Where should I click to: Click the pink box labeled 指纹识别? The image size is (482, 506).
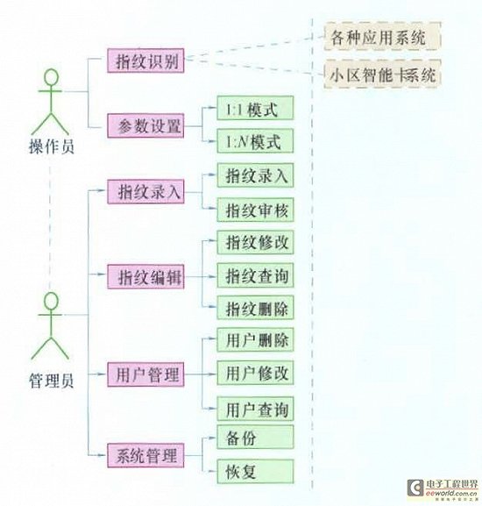[145, 61]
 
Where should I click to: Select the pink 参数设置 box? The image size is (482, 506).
[145, 125]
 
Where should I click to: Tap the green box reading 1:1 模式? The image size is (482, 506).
[255, 108]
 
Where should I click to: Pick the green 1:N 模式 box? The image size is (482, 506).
[255, 141]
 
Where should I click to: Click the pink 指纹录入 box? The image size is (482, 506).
[145, 192]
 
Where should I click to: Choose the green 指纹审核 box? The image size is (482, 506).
[255, 210]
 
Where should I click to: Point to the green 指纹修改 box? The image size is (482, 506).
[255, 242]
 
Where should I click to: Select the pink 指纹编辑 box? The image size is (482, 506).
[145, 276]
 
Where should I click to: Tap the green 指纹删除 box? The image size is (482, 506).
[255, 308]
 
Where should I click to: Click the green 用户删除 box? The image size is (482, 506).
[255, 339]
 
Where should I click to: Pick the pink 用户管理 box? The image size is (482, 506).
[145, 374]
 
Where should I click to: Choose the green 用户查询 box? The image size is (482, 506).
[255, 409]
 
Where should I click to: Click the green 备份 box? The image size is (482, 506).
[255, 437]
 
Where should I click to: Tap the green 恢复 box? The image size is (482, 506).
[255, 472]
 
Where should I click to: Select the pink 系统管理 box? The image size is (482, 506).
[145, 455]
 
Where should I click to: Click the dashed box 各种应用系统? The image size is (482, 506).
[382, 36]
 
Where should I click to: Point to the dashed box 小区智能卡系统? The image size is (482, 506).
[382, 74]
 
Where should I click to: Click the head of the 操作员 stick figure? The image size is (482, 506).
[52, 77]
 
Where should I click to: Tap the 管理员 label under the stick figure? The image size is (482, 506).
[52, 381]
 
